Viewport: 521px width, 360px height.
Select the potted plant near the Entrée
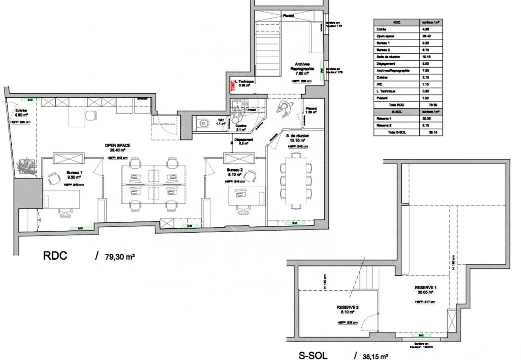26,166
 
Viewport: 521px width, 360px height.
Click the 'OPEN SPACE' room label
117,145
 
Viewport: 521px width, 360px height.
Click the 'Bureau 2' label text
234,170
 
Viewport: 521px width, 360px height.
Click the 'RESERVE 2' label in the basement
347,308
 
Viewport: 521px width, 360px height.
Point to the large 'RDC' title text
55,256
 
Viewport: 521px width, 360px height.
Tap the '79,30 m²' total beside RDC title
120,256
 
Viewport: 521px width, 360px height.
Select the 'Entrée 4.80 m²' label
20,112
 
